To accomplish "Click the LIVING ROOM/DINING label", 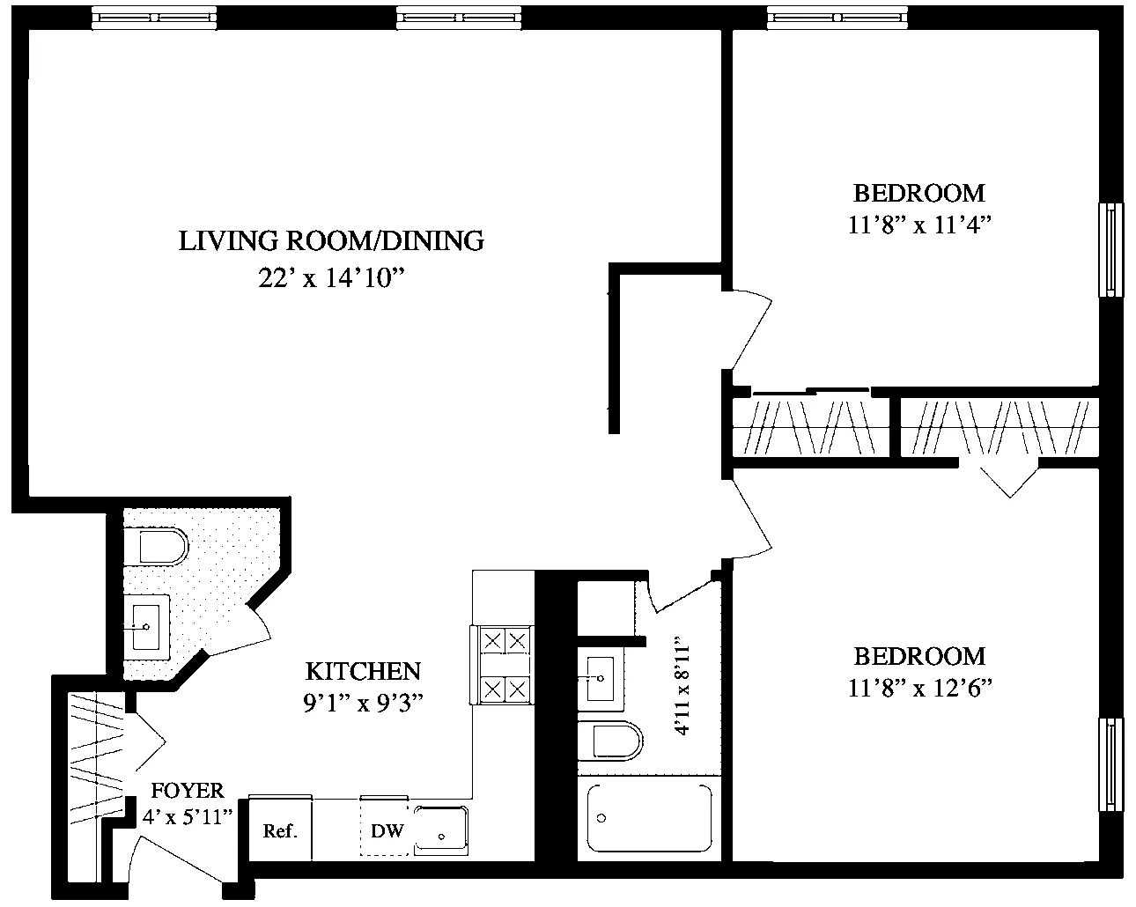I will tap(331, 240).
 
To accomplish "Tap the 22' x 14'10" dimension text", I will tap(331, 278).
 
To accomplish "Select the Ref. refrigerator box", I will tap(281, 830).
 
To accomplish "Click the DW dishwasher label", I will tap(387, 830).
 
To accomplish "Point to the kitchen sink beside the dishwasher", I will tap(443, 830).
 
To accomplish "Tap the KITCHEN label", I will tap(363, 671).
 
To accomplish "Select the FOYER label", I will tap(188, 790).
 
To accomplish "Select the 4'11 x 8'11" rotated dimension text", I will tap(680, 689).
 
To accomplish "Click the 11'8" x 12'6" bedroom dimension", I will tap(919, 689).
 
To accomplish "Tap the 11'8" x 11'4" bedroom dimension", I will tap(919, 225).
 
